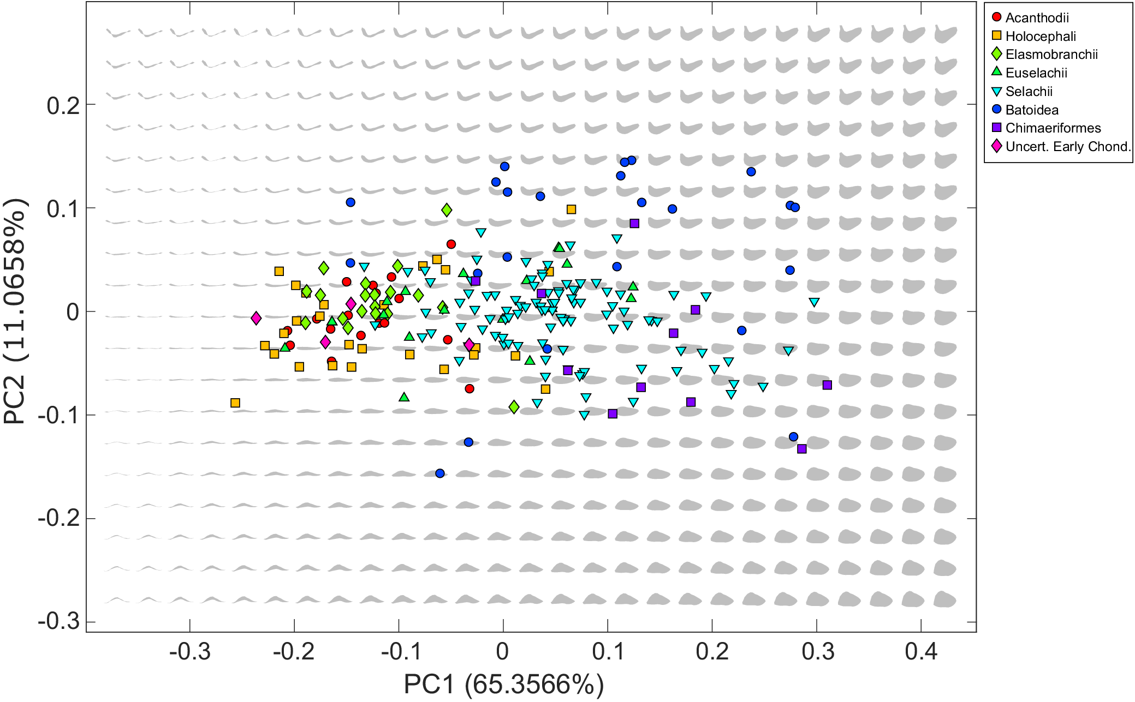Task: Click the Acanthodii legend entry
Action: coord(1037,18)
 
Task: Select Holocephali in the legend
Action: coord(1040,37)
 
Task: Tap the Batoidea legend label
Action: coord(1031,110)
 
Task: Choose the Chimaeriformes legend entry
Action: coord(1053,128)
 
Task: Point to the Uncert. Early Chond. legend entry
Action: coord(1067,147)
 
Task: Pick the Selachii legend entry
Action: coord(1029,92)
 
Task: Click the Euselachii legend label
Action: coord(1036,73)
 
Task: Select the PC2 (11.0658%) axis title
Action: coord(15,311)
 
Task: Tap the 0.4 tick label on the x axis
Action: coord(921,651)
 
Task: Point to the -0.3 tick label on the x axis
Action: coord(189,651)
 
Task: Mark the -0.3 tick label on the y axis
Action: coord(58,621)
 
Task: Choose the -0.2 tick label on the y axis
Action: coord(58,518)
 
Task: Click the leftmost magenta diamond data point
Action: coord(256,318)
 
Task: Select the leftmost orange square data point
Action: coord(235,403)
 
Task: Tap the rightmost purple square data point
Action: coord(827,385)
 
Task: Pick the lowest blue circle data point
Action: coord(440,473)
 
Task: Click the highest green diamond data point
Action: coord(447,210)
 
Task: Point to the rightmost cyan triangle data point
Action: coord(814,302)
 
